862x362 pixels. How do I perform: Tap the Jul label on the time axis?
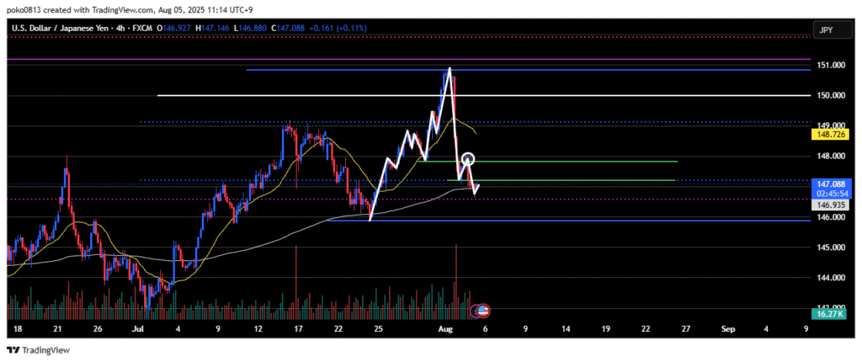[x=139, y=328]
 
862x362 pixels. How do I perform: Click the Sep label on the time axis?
[x=728, y=328]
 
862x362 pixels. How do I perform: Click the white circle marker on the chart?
[x=469, y=159]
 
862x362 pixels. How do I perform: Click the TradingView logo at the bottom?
[x=39, y=350]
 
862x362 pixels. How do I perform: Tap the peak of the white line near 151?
[x=450, y=68]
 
